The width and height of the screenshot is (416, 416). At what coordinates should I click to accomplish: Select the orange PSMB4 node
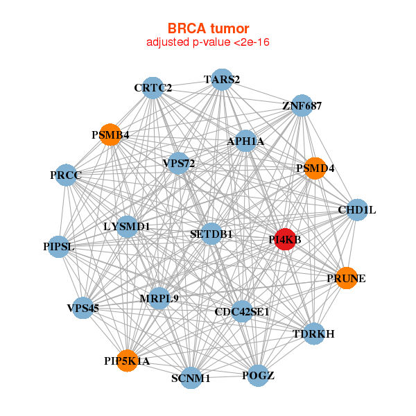(x=110, y=135)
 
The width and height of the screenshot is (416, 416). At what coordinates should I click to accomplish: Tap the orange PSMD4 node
(x=315, y=168)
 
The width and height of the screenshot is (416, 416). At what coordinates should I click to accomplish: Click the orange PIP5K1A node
(x=127, y=361)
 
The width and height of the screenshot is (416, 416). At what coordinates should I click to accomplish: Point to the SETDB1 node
(x=211, y=234)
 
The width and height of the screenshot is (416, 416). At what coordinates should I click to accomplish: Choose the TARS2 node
(x=222, y=80)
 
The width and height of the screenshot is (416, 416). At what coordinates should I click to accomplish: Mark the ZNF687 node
(x=302, y=106)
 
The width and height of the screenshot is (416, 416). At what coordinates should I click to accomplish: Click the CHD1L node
(x=356, y=209)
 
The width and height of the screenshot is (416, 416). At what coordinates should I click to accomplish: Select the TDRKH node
(x=314, y=334)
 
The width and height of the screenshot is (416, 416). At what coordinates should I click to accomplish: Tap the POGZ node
(x=258, y=376)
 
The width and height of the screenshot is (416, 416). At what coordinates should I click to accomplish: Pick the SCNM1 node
(x=191, y=378)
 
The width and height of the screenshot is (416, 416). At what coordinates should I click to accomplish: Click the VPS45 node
(x=83, y=308)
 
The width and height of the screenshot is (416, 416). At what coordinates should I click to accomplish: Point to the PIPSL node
(x=58, y=246)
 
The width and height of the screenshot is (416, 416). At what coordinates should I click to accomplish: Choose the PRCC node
(x=66, y=175)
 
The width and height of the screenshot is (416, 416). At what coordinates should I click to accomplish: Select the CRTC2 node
(x=153, y=88)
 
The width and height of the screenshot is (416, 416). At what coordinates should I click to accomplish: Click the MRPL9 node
(x=159, y=299)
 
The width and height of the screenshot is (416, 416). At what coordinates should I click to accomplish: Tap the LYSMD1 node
(x=127, y=226)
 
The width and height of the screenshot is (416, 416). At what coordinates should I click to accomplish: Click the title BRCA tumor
(x=207, y=28)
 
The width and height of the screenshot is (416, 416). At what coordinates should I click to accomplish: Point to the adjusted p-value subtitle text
(x=207, y=42)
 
